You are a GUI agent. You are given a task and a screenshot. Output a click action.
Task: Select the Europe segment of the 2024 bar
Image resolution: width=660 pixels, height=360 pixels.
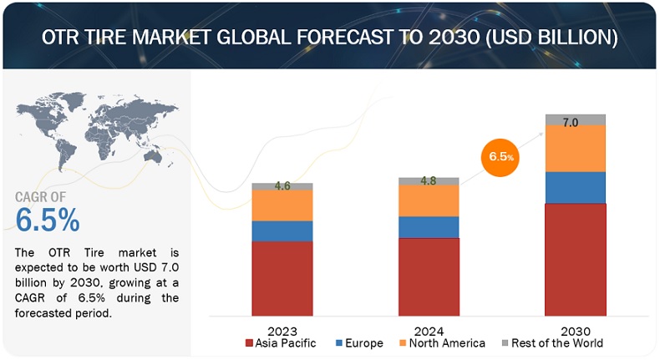point(429,227)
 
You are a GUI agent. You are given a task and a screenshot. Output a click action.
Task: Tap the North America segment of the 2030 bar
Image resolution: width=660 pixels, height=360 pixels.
point(576,148)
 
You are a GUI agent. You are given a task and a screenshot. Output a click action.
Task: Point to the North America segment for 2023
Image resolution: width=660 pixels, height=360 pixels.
point(282,205)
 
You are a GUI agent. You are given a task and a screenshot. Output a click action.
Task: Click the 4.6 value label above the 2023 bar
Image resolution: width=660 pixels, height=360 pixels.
point(282,186)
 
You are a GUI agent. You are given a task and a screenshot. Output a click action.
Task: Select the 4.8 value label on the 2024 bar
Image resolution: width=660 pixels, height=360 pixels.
point(429,181)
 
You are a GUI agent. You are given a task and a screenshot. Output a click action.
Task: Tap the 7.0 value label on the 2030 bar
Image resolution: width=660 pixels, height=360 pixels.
point(571,122)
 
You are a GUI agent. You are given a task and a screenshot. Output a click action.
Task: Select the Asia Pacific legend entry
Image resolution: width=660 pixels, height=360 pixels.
point(281,343)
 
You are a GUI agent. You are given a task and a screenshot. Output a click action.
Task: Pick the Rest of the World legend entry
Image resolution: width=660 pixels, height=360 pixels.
point(551,343)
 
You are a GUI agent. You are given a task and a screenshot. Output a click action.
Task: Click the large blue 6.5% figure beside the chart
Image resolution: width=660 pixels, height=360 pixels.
point(48,220)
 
